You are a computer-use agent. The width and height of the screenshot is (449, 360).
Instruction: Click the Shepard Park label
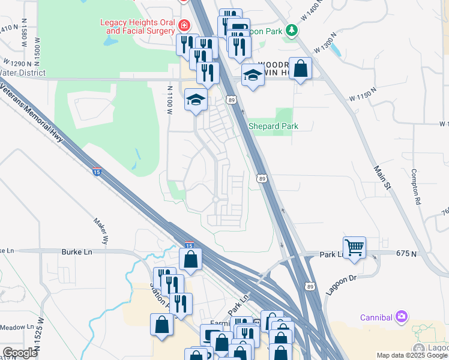pyautogui.click(x=274, y=126)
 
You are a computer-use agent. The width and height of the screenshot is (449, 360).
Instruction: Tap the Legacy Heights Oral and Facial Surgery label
pyautogui.click(x=137, y=27)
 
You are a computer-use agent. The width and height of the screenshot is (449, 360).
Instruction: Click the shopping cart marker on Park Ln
pyautogui.click(x=354, y=247)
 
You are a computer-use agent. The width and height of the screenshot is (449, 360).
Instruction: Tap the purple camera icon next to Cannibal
pyautogui.click(x=402, y=316)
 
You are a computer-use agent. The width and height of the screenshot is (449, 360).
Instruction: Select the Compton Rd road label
pyautogui.click(x=415, y=187)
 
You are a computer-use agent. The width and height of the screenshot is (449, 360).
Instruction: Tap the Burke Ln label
pyautogui.click(x=76, y=253)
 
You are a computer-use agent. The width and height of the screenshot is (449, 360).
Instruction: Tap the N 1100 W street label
pyautogui.click(x=170, y=99)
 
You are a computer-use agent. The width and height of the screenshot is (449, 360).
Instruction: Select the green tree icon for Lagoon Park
pyautogui.click(x=291, y=29)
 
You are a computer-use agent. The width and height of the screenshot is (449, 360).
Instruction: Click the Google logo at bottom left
pyautogui.click(x=20, y=353)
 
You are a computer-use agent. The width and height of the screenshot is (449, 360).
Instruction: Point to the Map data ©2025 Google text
pyautogui.click(x=412, y=355)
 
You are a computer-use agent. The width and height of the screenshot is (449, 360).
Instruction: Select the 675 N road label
pyautogui.click(x=406, y=254)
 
